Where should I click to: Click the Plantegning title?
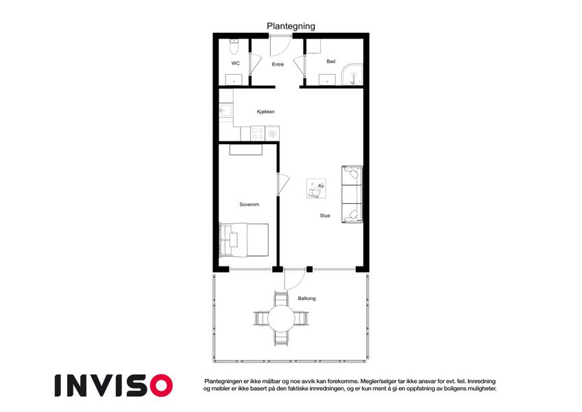pyautogui.click(x=291, y=26)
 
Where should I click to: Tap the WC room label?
pyautogui.click(x=235, y=63)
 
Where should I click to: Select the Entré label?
pyautogui.click(x=278, y=65)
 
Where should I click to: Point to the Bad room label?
pyautogui.click(x=330, y=61)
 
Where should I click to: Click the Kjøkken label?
pyautogui.click(x=266, y=111)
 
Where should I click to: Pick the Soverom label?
pyautogui.click(x=249, y=205)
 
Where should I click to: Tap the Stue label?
pyautogui.click(x=325, y=216)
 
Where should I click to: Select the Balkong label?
pyautogui.click(x=306, y=298)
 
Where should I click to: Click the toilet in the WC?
pyautogui.click(x=234, y=47)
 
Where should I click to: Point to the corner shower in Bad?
pyautogui.click(x=352, y=74)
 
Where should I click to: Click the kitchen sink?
pyautogui.click(x=226, y=111)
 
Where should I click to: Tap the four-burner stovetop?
pyautogui.click(x=258, y=133)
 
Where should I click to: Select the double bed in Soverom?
pyautogui.click(x=244, y=240)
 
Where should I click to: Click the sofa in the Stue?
pyautogui.click(x=352, y=194)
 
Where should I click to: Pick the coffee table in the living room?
pyautogui.click(x=316, y=189)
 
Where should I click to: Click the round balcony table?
pyautogui.click(x=281, y=319)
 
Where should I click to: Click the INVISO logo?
pyautogui.click(x=114, y=385)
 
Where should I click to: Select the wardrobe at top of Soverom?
pyautogui.click(x=245, y=150)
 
